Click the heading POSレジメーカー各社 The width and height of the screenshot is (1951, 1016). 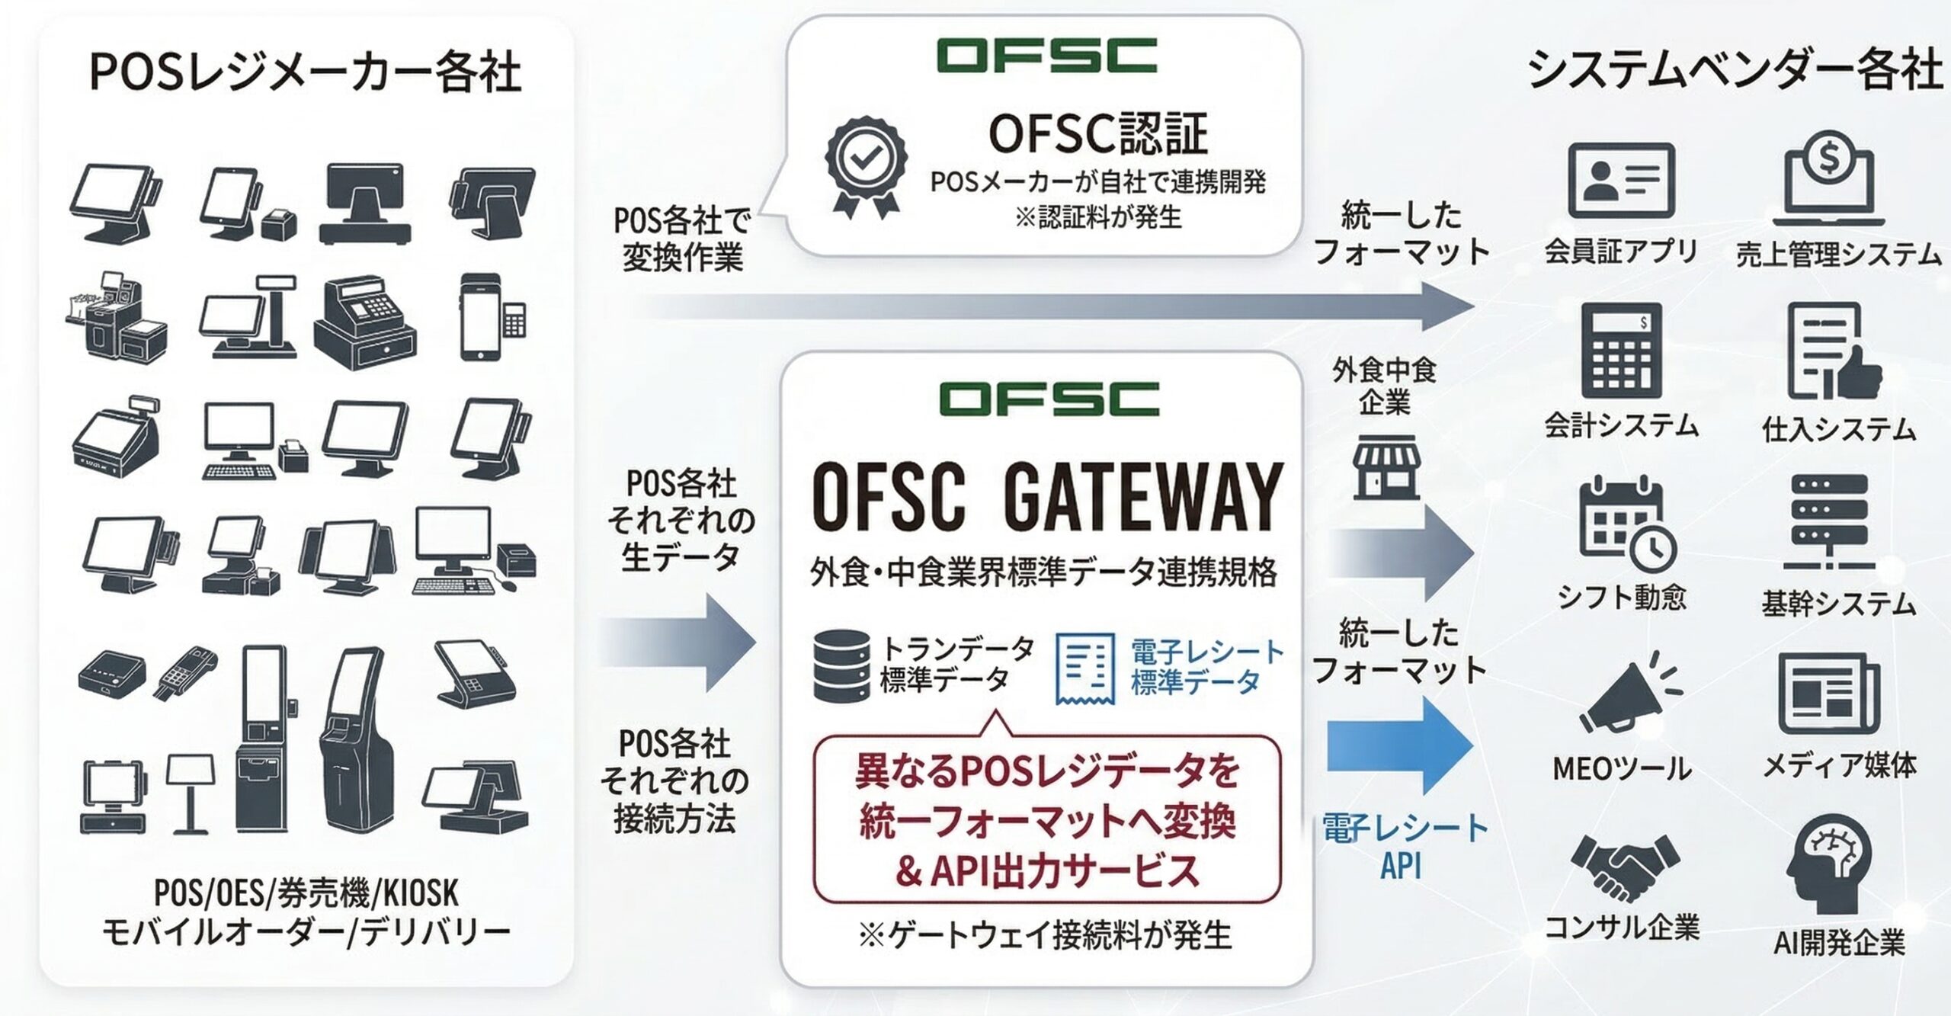(x=306, y=73)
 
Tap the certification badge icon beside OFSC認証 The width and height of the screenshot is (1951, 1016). (x=867, y=167)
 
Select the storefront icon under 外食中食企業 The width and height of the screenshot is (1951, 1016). (x=1386, y=466)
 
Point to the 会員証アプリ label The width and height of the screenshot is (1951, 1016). (x=1621, y=251)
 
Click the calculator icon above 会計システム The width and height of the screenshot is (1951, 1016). (x=1621, y=350)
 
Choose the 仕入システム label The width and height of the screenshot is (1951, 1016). (x=1838, y=429)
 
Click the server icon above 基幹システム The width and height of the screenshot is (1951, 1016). (x=1828, y=522)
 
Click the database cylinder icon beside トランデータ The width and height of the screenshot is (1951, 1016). (x=841, y=665)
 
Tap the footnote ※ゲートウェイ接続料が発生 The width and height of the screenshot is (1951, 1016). (x=1045, y=935)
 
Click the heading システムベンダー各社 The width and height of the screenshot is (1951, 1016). (x=1735, y=71)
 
